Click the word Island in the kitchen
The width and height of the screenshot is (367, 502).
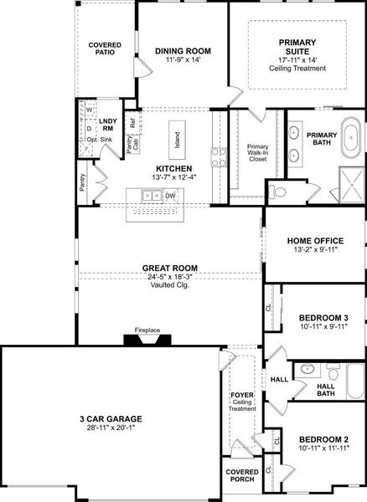pyautogui.click(x=177, y=134)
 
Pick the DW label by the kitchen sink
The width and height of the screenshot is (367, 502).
pyautogui.click(x=170, y=196)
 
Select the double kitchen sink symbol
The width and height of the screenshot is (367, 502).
pyautogui.click(x=152, y=196)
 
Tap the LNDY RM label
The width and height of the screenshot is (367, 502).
pyautogui.click(x=108, y=126)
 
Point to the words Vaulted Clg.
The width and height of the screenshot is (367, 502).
pyautogui.click(x=170, y=285)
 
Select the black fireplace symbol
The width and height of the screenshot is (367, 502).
pyautogui.click(x=147, y=339)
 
